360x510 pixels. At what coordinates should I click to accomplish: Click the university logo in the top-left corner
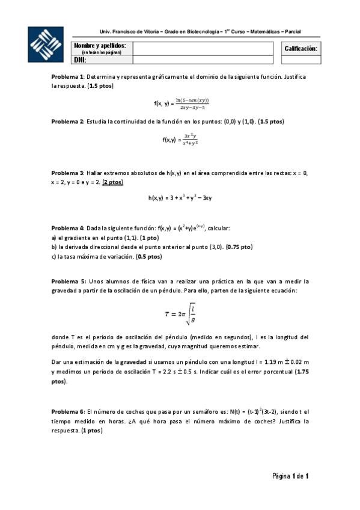click(x=46, y=45)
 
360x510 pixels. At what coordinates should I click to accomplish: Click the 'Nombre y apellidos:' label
click(x=100, y=46)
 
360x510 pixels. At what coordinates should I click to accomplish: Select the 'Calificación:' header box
click(x=301, y=48)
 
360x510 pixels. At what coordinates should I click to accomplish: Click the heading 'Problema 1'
click(x=68, y=78)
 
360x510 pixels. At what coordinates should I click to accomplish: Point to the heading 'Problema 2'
click(x=68, y=121)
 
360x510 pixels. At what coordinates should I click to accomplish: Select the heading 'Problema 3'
click(x=68, y=173)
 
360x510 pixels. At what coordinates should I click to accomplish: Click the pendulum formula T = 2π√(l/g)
click(x=180, y=315)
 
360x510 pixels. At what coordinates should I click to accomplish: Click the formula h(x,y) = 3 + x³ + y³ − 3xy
click(x=180, y=197)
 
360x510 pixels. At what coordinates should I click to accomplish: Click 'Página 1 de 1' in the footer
click(x=290, y=476)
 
